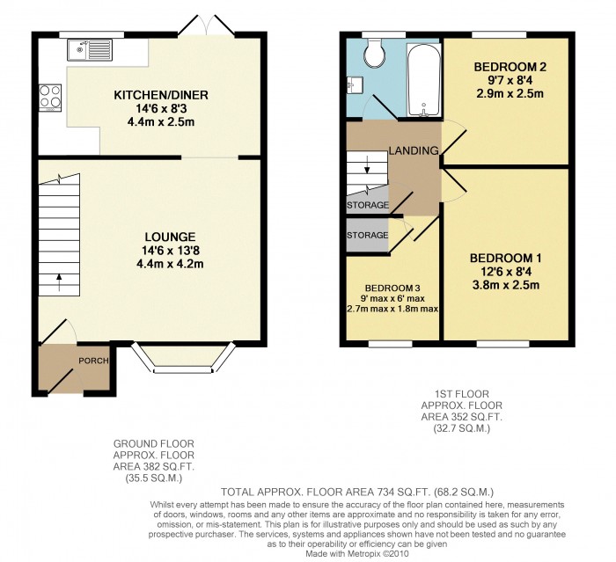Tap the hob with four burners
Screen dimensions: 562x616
pos(49,95)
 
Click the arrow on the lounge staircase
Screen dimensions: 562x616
pos(60,281)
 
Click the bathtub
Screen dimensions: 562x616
pos(422,79)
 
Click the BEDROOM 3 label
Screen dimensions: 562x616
pos(392,288)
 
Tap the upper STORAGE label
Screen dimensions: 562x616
pos(367,206)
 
